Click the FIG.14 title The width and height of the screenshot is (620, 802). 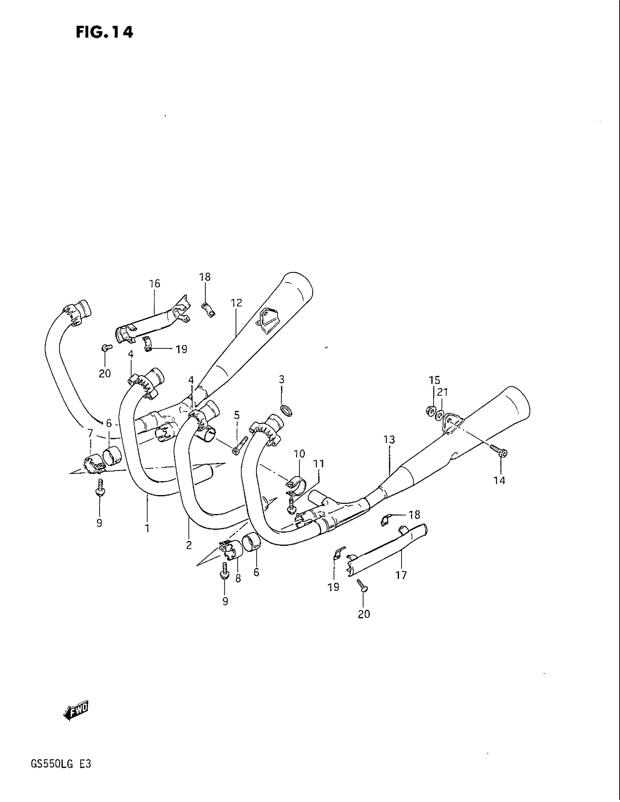tap(104, 33)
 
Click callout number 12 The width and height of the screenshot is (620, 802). tap(237, 303)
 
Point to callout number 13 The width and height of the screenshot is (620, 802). tap(389, 439)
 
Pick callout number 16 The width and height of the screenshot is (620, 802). tap(155, 284)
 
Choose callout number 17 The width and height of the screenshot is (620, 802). tap(401, 575)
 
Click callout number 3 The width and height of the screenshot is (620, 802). tap(281, 379)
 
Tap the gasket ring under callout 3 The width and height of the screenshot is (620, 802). tap(287, 410)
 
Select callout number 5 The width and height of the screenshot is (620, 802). tap(237, 415)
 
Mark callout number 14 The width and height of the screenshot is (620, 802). tap(500, 480)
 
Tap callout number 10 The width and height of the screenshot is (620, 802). tap(299, 454)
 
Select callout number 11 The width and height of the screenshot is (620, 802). tap(319, 464)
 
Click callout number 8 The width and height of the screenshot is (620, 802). tap(238, 579)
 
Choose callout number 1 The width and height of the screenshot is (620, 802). tap(147, 528)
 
